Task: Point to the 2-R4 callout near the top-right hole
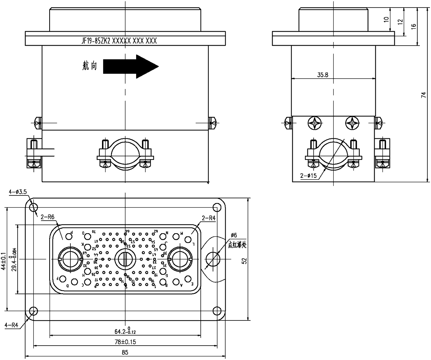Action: click(209, 217)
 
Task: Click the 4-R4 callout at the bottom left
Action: click(12, 326)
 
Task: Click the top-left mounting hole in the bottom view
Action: click(33, 207)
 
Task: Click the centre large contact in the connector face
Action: click(125, 259)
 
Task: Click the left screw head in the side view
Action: click(314, 123)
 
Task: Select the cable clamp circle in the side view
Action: click(334, 153)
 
